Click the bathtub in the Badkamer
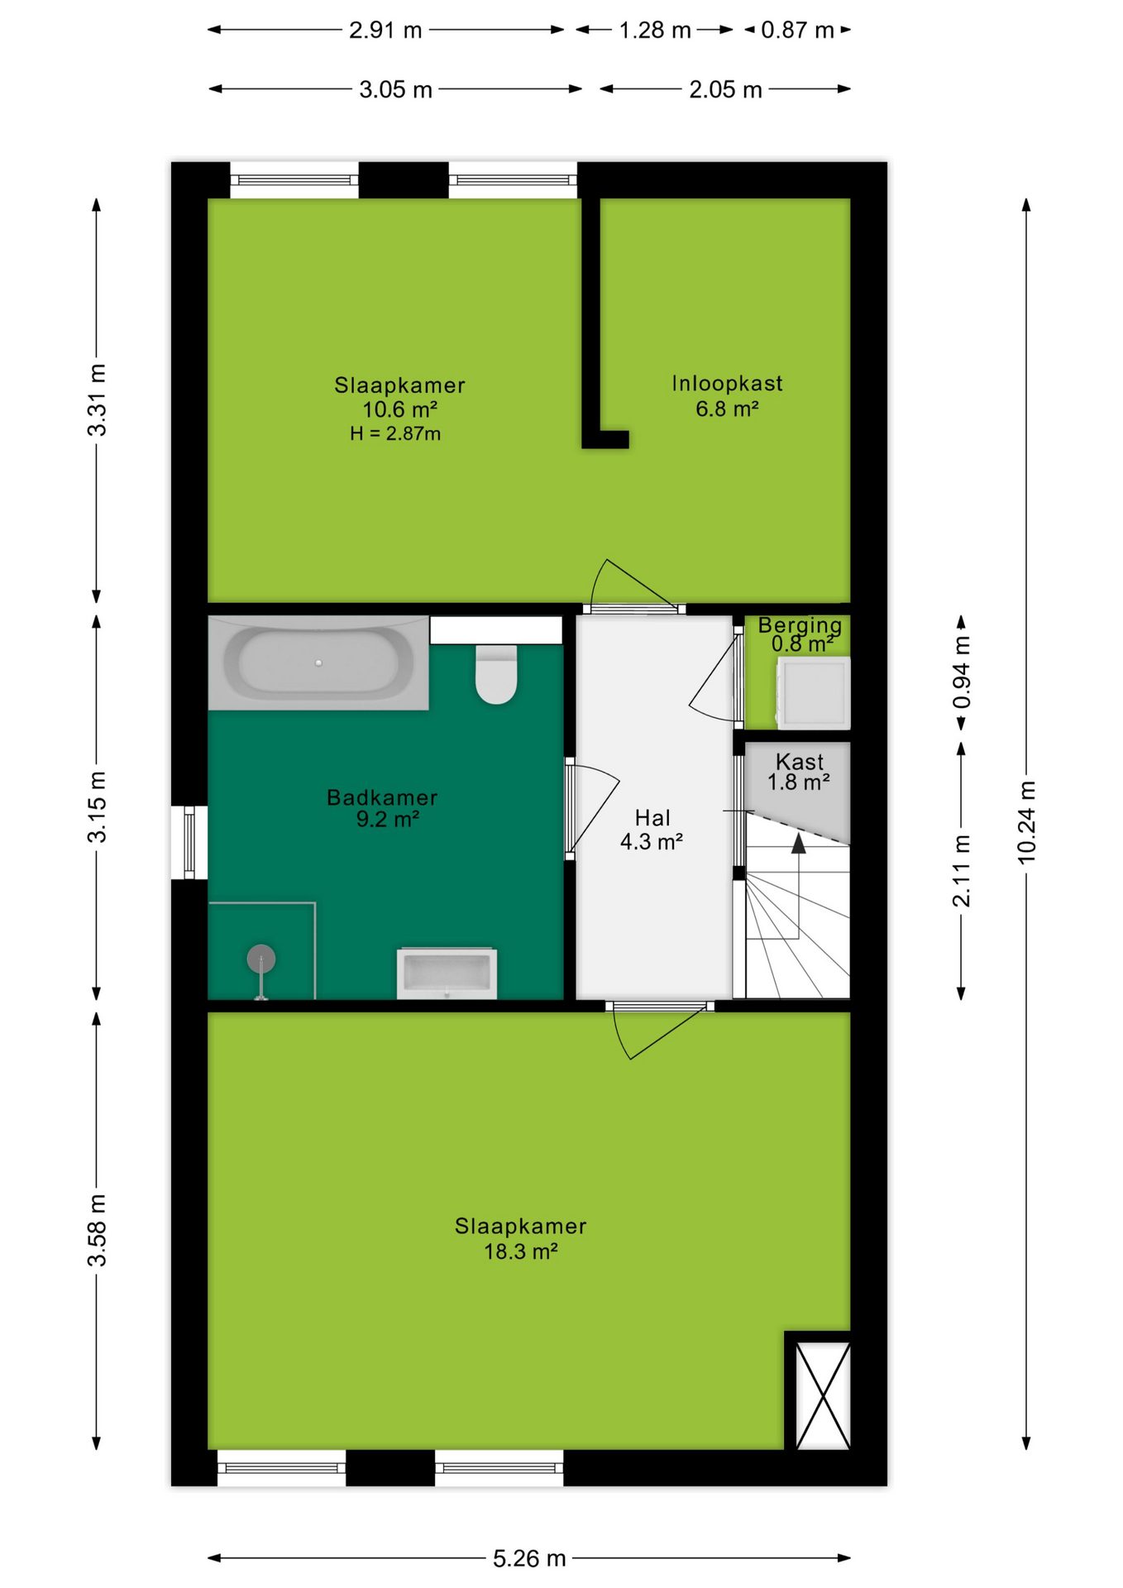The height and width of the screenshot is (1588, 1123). coord(318,662)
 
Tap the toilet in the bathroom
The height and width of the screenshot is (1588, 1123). coord(496,674)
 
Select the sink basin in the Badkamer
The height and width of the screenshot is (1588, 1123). coord(447,973)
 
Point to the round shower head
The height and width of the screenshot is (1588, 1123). coord(261,959)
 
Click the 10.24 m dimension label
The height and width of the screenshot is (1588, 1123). coord(1026,822)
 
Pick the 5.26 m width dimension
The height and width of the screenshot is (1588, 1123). coord(529,1558)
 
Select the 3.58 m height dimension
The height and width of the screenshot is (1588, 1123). coord(97,1230)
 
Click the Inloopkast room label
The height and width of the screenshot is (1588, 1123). coord(727,384)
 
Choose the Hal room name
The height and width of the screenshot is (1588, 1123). coord(652,818)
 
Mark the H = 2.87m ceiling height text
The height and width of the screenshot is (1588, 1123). coord(395,433)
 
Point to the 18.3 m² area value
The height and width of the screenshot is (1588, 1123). coord(521,1251)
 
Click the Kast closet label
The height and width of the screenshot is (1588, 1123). coord(800,761)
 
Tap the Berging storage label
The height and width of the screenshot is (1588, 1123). coord(800,625)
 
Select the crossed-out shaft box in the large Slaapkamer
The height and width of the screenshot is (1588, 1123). coord(823,1395)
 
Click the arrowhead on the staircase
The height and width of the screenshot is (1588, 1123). coord(798,843)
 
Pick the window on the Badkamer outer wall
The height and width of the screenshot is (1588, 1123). coord(189,842)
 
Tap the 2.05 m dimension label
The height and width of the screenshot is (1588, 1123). coord(725,89)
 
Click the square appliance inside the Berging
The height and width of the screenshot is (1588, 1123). coord(814,693)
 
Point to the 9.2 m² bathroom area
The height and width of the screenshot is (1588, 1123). coord(387,820)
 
